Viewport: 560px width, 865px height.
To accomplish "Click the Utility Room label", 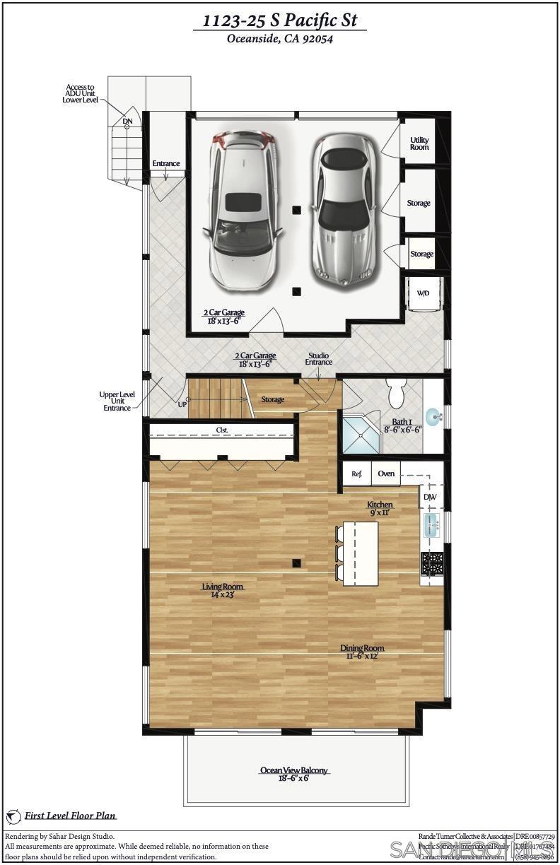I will point(419,143).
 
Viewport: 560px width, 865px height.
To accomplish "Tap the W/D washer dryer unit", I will point(423,293).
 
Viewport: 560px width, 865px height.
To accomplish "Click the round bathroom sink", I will point(433,416).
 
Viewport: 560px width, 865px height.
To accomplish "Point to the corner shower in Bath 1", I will point(360,432).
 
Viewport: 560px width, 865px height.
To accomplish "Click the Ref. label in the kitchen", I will point(357,473).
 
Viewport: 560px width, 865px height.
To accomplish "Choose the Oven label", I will point(386,473).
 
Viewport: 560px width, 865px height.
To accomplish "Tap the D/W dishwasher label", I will point(430,498).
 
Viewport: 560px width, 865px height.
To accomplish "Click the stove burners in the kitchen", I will point(431,563).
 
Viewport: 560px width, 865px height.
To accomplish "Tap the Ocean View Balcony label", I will point(294,770).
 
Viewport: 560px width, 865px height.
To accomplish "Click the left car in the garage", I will point(241,210).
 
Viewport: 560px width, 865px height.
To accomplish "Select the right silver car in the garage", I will point(344,208).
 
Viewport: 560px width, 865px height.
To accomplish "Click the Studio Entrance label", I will point(318,359).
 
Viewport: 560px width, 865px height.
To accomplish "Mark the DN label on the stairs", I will point(127,122).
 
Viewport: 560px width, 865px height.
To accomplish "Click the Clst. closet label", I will point(222,430).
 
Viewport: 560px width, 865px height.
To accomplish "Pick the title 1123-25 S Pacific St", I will point(280,21).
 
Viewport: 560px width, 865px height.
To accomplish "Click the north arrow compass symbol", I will point(13,817).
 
